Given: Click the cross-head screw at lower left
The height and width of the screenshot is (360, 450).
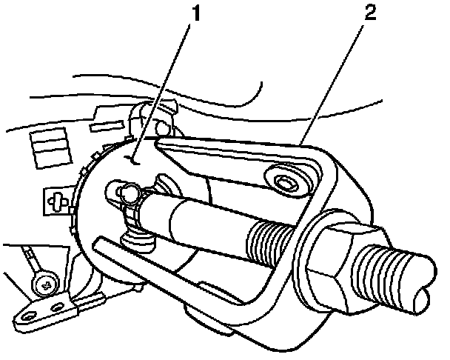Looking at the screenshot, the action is click(45, 283).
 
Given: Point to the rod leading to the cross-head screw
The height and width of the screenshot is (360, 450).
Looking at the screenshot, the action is click(33, 261).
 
